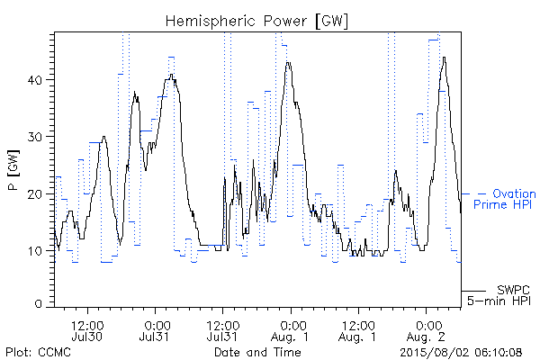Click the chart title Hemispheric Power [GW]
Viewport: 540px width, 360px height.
point(256,22)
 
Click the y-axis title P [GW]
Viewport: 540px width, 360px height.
point(13,170)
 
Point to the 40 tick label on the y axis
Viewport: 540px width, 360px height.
point(35,80)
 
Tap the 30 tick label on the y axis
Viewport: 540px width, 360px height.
point(35,137)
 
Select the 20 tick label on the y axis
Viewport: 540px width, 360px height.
point(35,194)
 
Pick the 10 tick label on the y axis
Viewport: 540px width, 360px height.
point(35,251)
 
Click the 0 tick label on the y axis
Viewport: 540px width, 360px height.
point(39,304)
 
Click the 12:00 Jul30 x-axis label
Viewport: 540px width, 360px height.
point(87,330)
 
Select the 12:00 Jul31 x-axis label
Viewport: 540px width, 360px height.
point(223,330)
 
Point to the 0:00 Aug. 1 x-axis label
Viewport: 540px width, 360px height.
point(291,330)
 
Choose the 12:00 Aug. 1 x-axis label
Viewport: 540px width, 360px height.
point(358,330)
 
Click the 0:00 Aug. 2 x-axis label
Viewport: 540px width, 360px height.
point(426,330)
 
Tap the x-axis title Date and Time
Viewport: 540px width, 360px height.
point(257,352)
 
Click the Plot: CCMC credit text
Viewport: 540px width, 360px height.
point(38,352)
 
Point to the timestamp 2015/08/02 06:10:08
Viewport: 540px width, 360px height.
point(461,353)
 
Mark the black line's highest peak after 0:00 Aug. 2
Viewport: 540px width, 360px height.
point(445,58)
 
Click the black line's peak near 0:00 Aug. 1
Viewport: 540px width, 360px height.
point(288,63)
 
